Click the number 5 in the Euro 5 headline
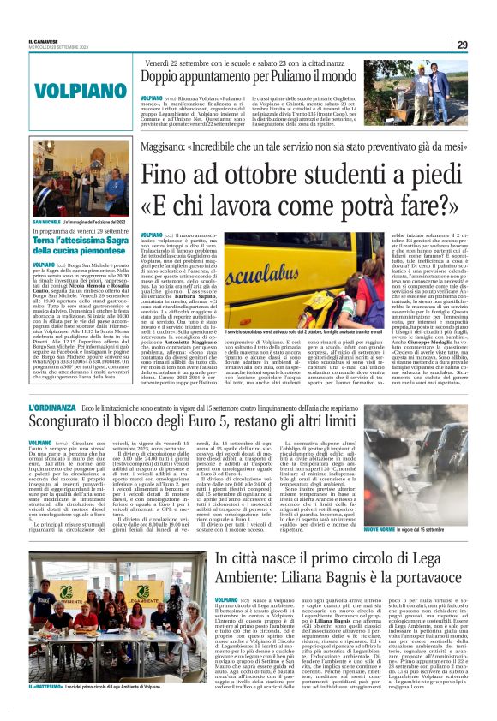[256, 427]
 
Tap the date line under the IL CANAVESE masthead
[53, 48]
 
